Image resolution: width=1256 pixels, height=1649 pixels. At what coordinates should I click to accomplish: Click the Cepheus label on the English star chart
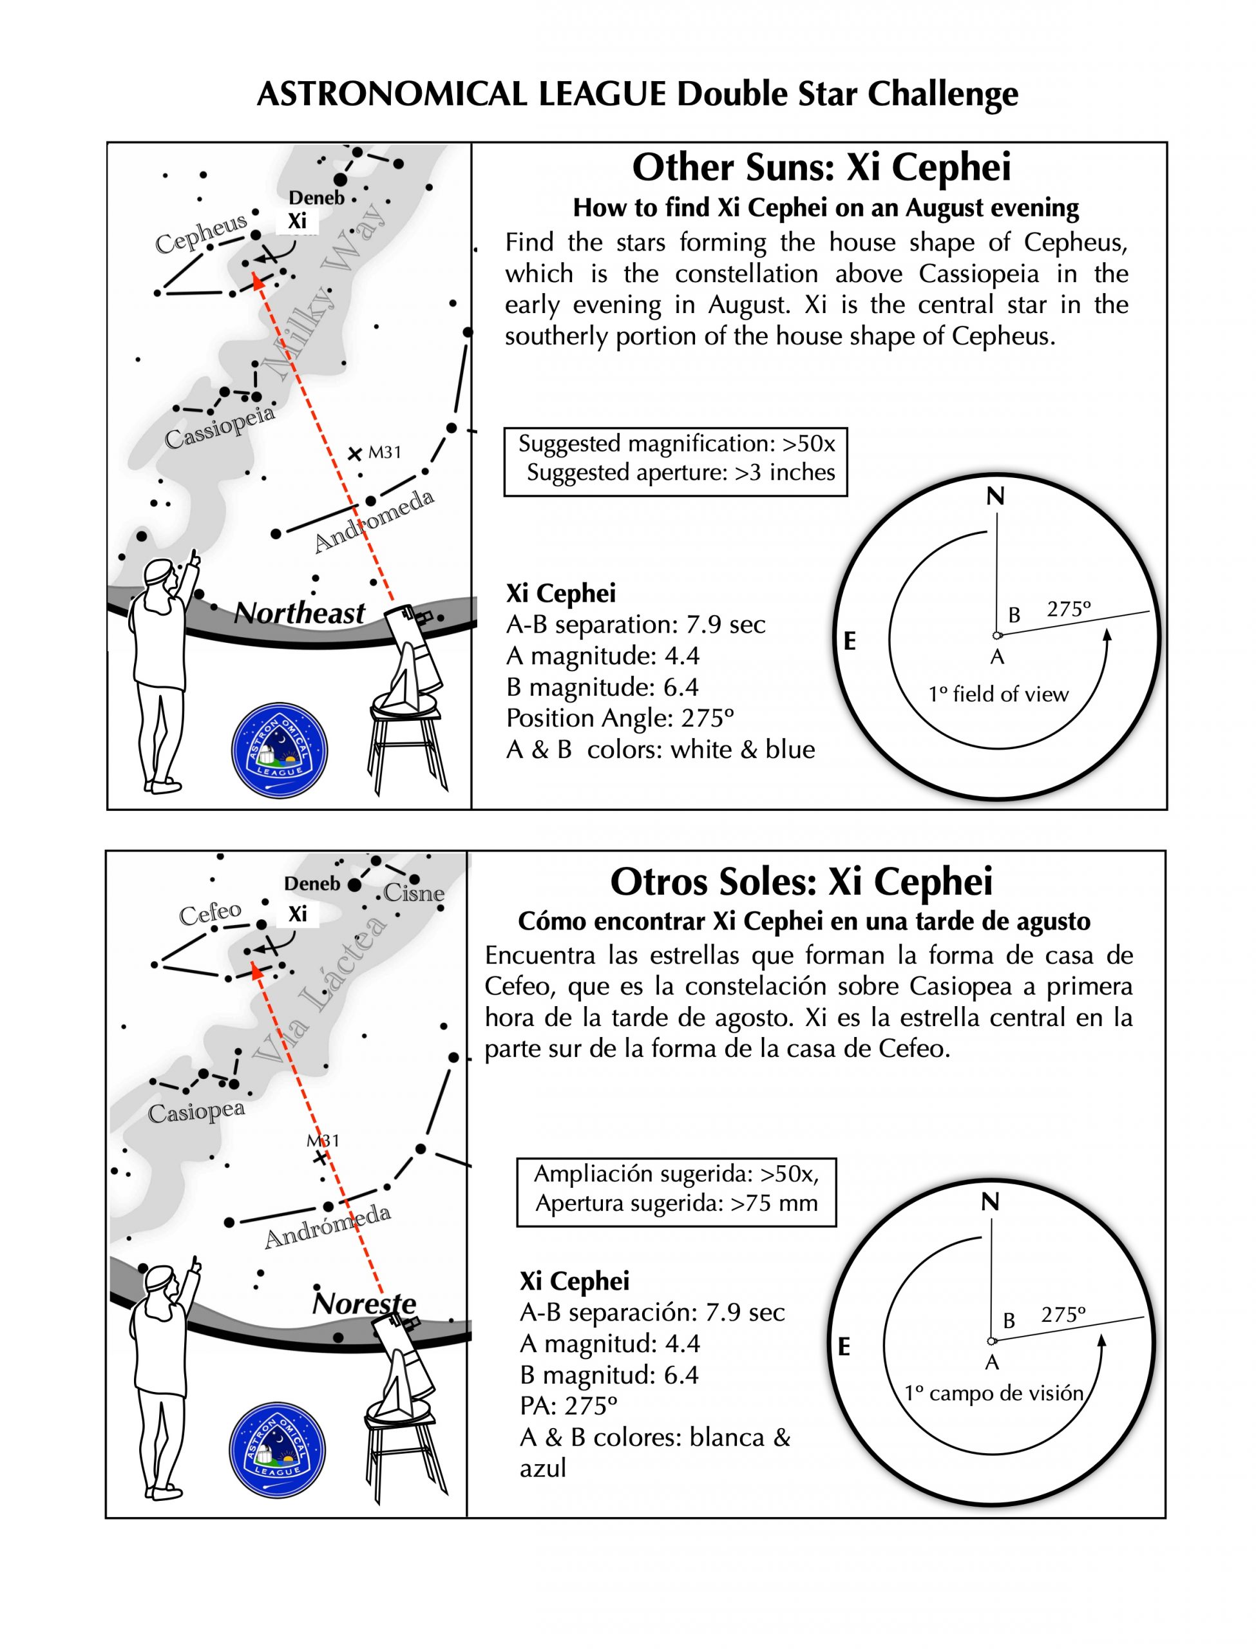(200, 234)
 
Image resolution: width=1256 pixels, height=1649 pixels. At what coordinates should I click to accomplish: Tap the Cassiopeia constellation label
(219, 428)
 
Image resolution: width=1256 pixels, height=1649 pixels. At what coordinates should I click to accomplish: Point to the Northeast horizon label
(299, 614)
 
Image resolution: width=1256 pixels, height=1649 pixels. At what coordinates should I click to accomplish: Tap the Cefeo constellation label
(210, 912)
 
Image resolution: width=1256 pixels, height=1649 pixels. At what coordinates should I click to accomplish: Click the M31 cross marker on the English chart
(355, 453)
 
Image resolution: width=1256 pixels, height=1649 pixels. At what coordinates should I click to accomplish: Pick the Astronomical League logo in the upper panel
(280, 750)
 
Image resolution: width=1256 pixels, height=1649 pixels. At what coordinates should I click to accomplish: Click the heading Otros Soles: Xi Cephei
(801, 881)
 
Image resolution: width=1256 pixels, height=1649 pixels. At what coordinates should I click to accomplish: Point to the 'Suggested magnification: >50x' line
(676, 444)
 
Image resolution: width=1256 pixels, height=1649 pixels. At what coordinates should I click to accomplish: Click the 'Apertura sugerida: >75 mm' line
(676, 1203)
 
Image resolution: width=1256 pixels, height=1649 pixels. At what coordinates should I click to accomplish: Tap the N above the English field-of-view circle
(995, 497)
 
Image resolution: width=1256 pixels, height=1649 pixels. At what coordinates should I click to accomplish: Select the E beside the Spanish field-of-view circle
(843, 1347)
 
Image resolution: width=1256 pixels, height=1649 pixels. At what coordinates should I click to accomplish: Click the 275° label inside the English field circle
(1069, 609)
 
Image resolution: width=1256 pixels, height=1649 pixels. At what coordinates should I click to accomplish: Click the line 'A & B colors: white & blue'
(660, 750)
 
